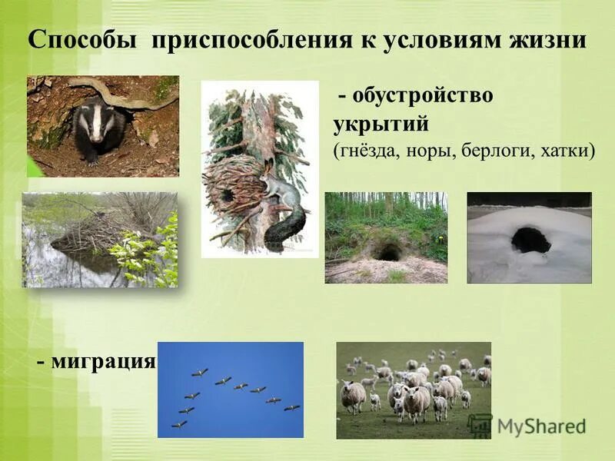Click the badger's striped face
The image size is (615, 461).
[x=96, y=123]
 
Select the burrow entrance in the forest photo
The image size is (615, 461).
[x=390, y=252]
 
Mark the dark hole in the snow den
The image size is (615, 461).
[x=530, y=240]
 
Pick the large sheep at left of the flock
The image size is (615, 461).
[x=354, y=396]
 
